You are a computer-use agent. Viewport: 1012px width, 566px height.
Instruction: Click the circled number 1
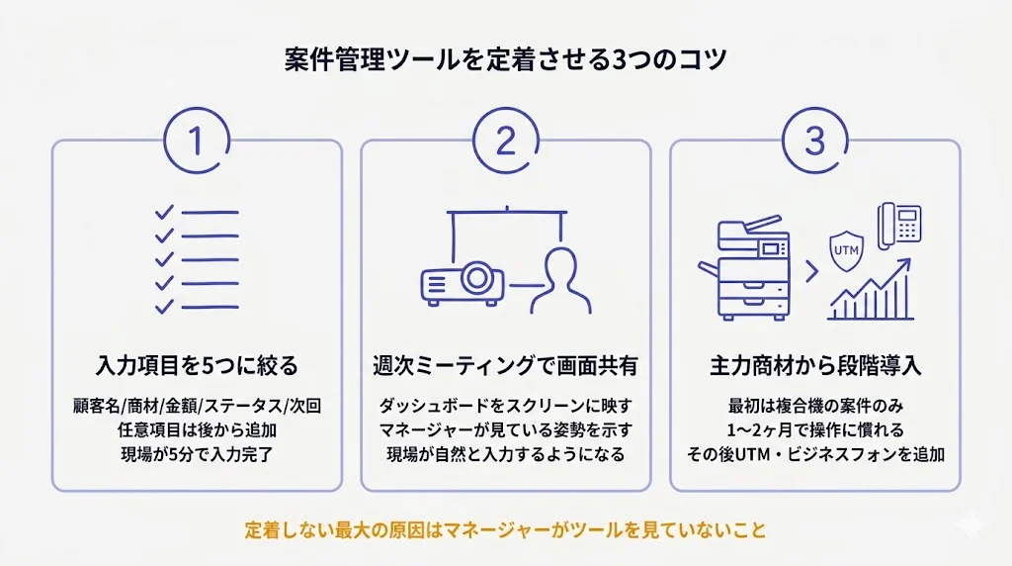[196, 141]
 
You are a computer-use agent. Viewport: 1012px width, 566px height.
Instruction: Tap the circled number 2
[505, 141]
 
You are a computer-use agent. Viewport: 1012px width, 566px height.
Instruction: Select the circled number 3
[814, 141]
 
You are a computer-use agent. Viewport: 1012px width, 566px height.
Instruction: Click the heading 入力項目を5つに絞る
[197, 365]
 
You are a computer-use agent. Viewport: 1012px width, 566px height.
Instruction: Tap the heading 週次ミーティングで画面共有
[505, 365]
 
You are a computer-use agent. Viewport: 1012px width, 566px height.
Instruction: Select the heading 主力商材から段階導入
[815, 365]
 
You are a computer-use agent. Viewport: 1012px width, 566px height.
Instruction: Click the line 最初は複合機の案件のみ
[815, 406]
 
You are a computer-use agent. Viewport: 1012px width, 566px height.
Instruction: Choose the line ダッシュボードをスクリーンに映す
[505, 406]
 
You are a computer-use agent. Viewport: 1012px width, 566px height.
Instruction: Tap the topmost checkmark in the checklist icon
[164, 212]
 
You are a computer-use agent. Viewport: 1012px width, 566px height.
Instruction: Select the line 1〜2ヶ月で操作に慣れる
[815, 430]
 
